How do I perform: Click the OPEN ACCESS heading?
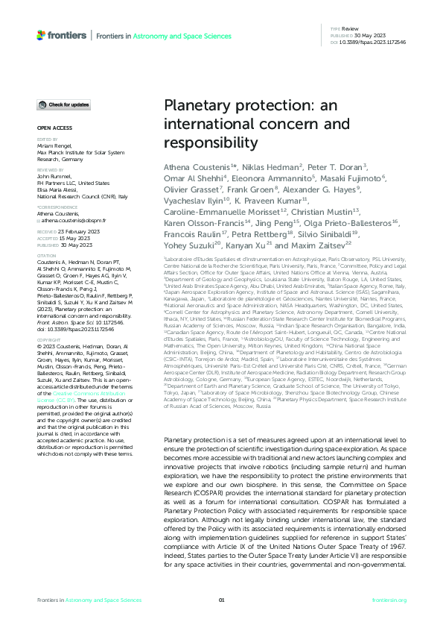(x=51, y=128)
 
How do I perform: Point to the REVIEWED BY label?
(x=49, y=169)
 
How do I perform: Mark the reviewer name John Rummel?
(x=53, y=176)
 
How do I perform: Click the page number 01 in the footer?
(x=221, y=600)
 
